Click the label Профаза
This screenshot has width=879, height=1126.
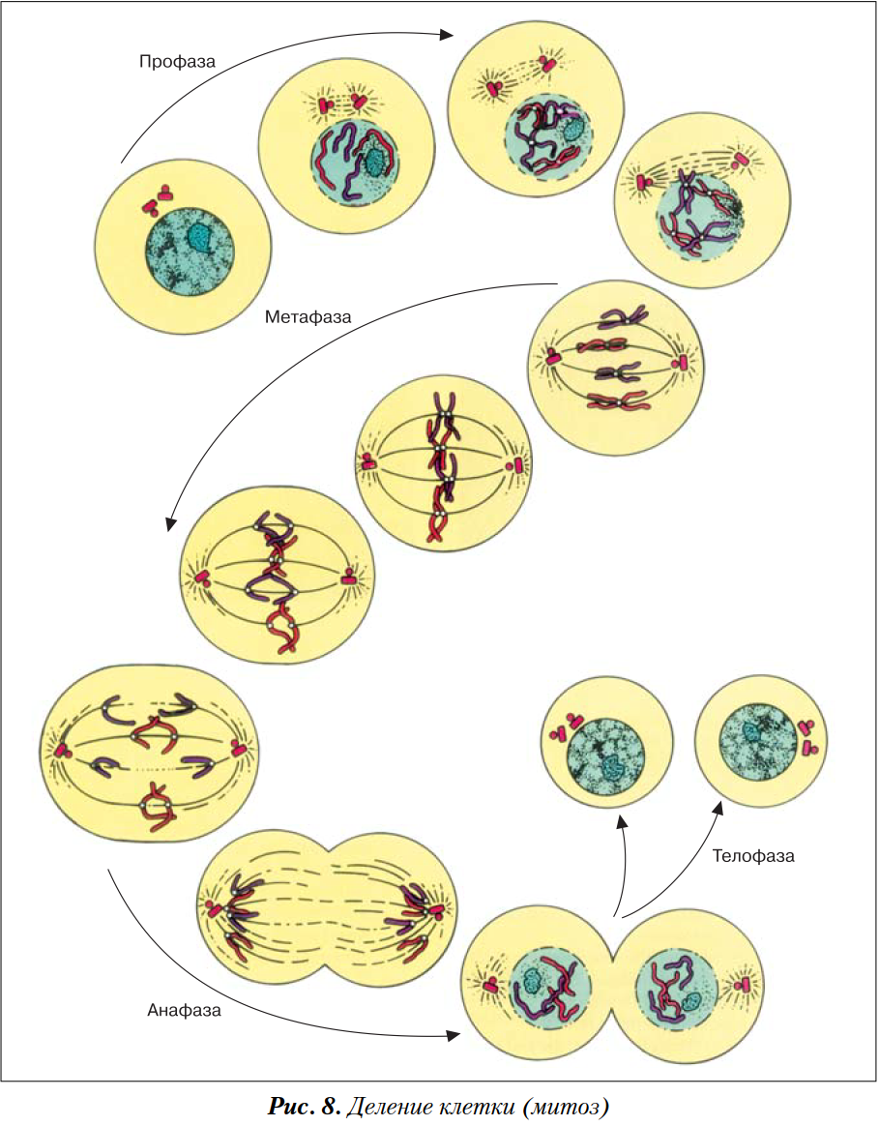[x=177, y=61]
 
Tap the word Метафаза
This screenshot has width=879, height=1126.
[x=308, y=316]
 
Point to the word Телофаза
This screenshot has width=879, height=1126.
[x=753, y=856]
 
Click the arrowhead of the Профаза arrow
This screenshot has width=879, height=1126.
[x=446, y=35]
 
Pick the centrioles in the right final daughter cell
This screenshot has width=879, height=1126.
[x=808, y=736]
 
